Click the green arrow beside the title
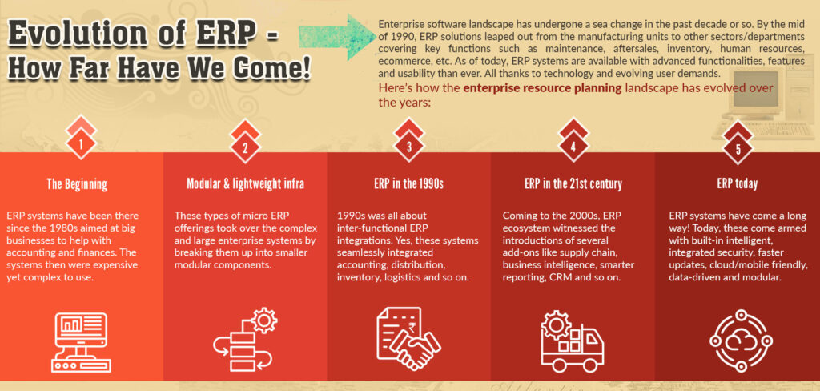pos(338,36)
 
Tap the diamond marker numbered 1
pos(81,143)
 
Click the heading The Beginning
pos(77,184)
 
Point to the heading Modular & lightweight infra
pos(245,184)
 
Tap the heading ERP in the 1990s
pos(409,184)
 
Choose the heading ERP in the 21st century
pos(573,184)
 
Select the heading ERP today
pos(738,184)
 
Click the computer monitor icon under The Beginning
pos(81,342)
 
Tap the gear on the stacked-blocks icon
pos(264,320)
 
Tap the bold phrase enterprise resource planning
pos(542,87)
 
